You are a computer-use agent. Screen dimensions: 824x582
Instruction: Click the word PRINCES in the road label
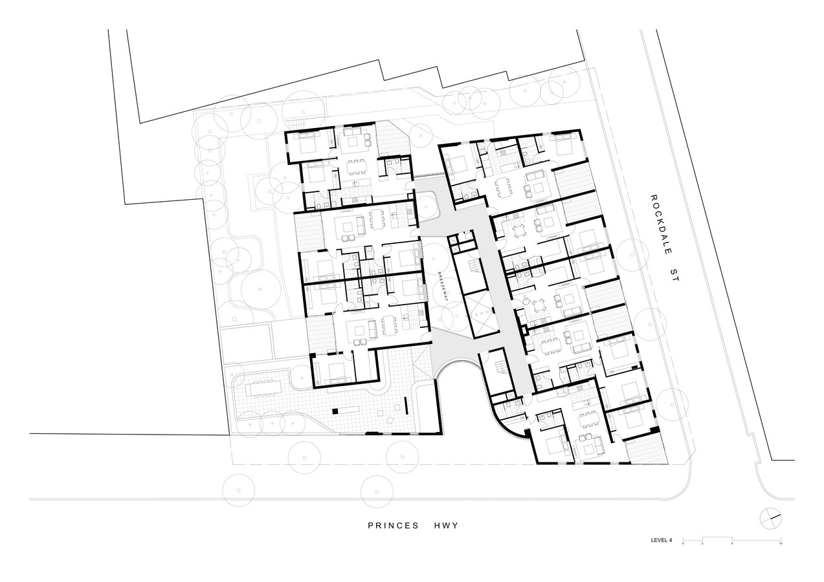[394, 526]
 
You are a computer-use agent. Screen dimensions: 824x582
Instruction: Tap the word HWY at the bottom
[446, 526]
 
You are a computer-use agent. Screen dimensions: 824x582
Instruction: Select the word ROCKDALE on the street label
[661, 224]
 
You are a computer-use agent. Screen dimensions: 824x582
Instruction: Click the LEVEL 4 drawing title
[662, 540]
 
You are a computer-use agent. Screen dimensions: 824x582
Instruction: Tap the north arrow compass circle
[770, 518]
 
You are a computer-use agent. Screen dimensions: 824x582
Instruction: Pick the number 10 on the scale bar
[780, 543]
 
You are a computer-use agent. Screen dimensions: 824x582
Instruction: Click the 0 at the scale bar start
[683, 543]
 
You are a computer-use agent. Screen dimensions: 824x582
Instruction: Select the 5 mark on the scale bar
[732, 543]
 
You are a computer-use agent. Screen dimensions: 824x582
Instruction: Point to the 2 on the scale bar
[702, 543]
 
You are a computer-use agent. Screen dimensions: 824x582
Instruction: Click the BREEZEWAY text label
[443, 286]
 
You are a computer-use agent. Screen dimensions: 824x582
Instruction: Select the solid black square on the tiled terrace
[335, 411]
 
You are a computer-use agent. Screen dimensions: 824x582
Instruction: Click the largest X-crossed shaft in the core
[482, 314]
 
